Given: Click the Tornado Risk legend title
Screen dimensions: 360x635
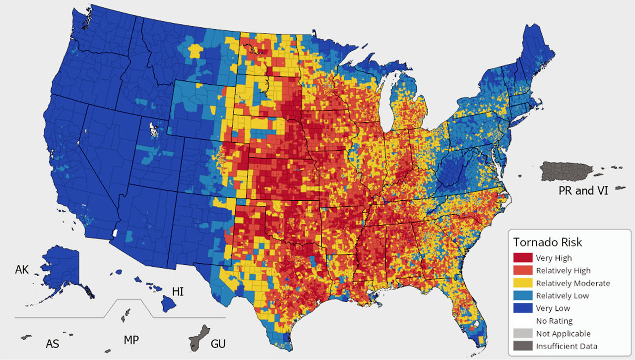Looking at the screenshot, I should click(547, 242).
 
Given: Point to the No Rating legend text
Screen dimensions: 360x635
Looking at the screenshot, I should click(554, 321).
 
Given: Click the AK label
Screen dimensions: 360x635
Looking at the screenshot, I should click(22, 270).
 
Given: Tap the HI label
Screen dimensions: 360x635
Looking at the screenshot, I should click(178, 291).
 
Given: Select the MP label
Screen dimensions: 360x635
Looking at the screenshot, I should click(131, 340).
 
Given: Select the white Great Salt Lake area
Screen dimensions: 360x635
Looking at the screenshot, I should click(154, 129).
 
